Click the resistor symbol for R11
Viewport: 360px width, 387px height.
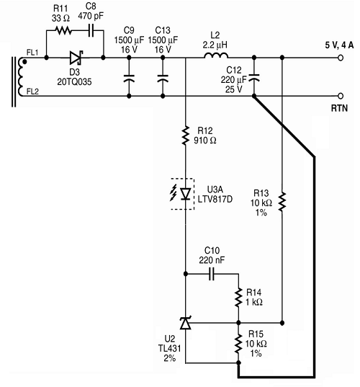(63, 31)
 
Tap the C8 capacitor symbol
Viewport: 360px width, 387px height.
(91, 31)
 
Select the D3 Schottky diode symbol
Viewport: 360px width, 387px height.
(76, 58)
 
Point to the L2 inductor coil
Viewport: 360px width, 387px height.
(216, 55)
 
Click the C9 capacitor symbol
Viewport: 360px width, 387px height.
(129, 79)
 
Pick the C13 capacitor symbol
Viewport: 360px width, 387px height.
(163, 79)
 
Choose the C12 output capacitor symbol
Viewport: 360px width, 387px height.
(254, 78)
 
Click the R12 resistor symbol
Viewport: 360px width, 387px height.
(186, 135)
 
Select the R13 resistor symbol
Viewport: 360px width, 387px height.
(282, 202)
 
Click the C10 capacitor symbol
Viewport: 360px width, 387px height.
(212, 274)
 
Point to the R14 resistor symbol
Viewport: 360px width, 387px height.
(238, 298)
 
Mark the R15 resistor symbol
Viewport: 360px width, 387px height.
(238, 344)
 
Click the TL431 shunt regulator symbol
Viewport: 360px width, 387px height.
(186, 323)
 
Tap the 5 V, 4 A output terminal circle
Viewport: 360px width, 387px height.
(341, 58)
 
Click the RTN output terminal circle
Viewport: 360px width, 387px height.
(341, 96)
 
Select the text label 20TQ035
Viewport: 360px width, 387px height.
(74, 81)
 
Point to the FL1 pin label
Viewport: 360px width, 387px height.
(32, 53)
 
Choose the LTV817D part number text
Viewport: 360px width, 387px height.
(215, 199)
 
